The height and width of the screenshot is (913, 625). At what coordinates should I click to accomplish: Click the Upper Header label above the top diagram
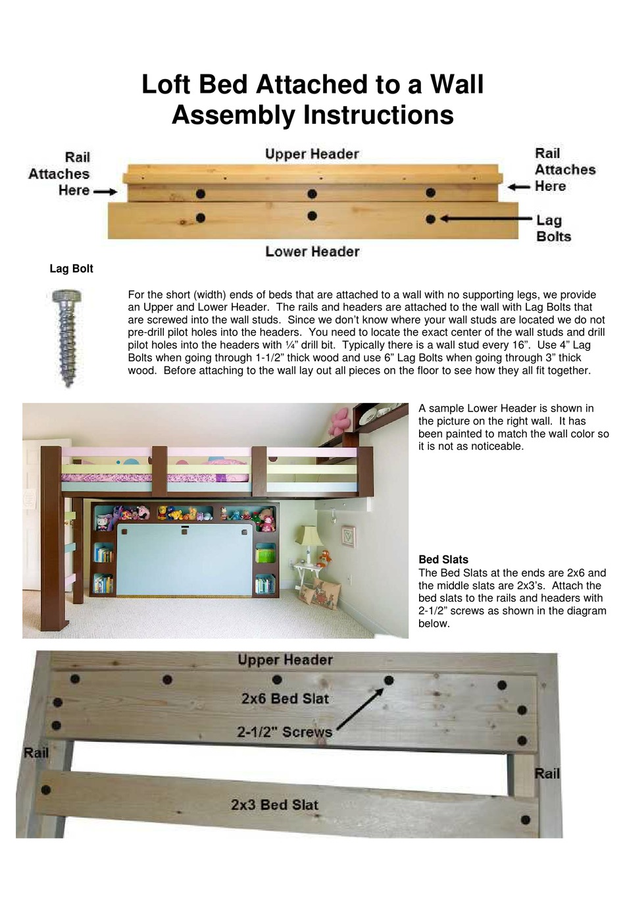(312, 154)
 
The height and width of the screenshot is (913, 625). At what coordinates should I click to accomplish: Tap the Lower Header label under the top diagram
(312, 251)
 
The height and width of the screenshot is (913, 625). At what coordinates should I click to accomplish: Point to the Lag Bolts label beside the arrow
(553, 228)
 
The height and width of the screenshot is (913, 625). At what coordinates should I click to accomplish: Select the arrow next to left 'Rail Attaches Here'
(105, 192)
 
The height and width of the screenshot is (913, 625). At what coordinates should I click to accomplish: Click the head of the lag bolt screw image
(66, 297)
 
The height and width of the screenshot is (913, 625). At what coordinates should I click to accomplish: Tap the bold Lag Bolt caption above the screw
(71, 269)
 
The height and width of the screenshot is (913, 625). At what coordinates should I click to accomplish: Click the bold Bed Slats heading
(443, 560)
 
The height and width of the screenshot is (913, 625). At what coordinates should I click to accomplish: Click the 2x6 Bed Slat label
(284, 698)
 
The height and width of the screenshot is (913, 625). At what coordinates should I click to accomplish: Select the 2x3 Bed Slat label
(274, 804)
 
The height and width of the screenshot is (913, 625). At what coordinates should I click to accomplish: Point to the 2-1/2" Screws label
(284, 732)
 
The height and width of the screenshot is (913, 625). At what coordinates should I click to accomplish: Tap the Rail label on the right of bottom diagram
(547, 773)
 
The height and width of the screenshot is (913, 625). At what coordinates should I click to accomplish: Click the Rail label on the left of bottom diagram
(36, 752)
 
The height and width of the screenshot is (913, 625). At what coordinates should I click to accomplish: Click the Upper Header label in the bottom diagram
(284, 660)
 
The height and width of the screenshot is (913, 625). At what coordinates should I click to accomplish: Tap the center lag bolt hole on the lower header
(312, 216)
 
